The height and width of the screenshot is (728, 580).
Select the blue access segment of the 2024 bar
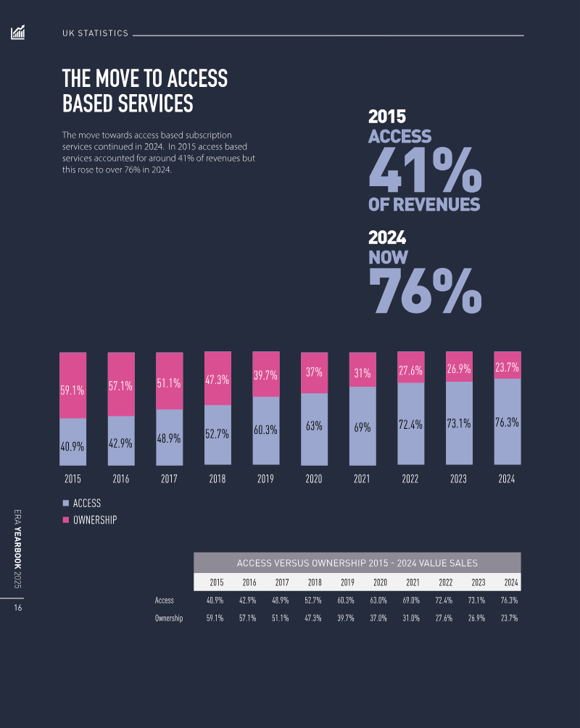[507, 422]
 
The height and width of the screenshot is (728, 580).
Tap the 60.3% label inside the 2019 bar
[265, 430]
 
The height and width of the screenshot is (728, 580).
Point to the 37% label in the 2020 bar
[314, 372]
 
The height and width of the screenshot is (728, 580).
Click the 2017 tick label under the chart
[169, 479]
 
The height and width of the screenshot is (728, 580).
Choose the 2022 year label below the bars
[410, 479]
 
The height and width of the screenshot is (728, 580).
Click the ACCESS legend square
[65, 503]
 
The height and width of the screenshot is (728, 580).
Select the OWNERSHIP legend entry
[94, 520]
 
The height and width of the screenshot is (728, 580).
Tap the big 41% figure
[424, 170]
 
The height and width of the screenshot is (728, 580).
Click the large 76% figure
[424, 291]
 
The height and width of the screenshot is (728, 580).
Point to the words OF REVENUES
[424, 205]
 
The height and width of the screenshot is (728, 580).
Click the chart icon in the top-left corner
[18, 33]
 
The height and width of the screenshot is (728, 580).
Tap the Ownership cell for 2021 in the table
[413, 619]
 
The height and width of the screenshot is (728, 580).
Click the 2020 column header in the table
[380, 582]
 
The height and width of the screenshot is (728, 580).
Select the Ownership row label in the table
[169, 619]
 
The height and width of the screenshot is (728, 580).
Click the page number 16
[17, 608]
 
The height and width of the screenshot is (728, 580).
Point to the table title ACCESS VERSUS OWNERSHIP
[357, 563]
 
